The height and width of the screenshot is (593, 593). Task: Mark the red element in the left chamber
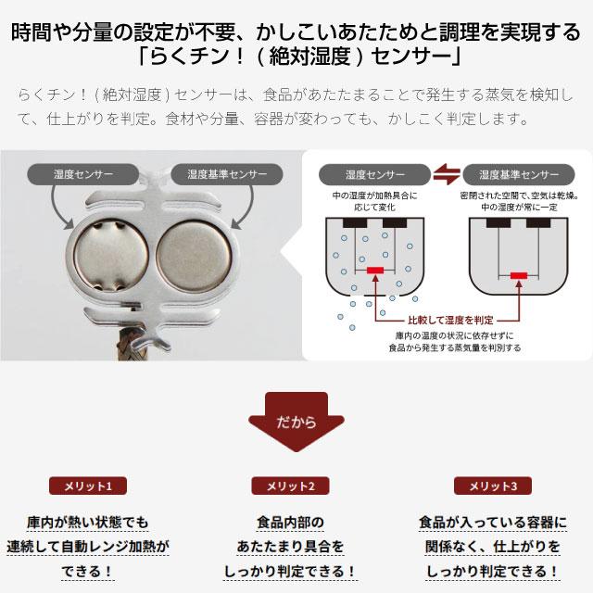pos(375,270)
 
